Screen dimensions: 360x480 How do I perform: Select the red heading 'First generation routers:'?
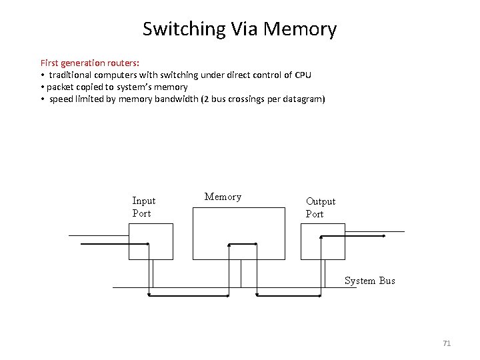[90, 62]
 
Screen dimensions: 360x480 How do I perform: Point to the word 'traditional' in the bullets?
[74, 75]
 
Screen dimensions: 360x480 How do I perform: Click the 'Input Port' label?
[143, 207]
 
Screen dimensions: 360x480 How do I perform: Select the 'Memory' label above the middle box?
[223, 197]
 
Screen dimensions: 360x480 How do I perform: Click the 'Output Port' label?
[320, 207]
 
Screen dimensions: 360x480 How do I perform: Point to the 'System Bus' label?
[369, 281]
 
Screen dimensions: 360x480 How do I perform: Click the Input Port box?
[151, 241]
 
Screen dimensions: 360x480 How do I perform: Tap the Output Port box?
[323, 241]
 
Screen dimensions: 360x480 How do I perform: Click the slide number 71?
[447, 343]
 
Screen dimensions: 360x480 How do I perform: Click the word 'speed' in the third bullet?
[61, 99]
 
